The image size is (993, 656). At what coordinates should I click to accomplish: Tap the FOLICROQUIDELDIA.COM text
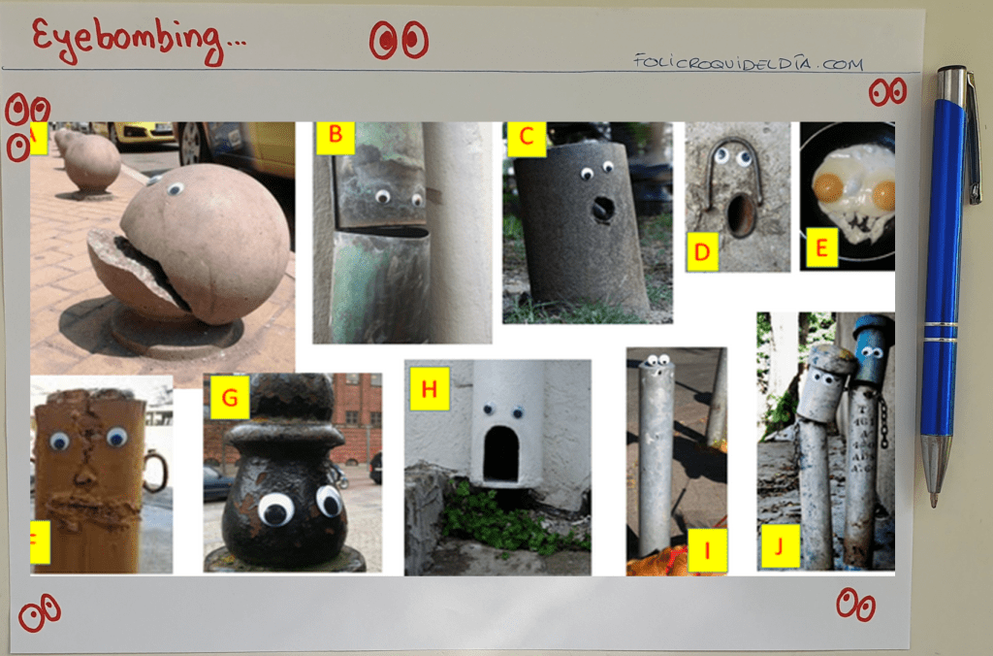pos(748,62)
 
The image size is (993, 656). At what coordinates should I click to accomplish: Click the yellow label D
pos(702,251)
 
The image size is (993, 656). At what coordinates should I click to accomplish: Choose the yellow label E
pos(821,247)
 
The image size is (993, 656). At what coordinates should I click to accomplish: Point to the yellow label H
pos(430,388)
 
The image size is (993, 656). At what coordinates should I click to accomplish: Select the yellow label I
pos(707,549)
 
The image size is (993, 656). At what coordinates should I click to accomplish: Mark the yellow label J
pos(781,545)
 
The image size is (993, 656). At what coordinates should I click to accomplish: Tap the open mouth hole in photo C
pos(603,208)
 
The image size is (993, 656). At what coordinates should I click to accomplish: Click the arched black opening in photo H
pos(501,454)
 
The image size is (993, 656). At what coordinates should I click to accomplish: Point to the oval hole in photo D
pos(740,214)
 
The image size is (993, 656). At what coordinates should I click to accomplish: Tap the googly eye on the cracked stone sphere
pos(176,188)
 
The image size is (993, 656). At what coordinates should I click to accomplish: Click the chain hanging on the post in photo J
pos(882,419)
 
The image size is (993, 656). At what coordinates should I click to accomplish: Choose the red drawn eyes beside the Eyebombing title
pos(399,40)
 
